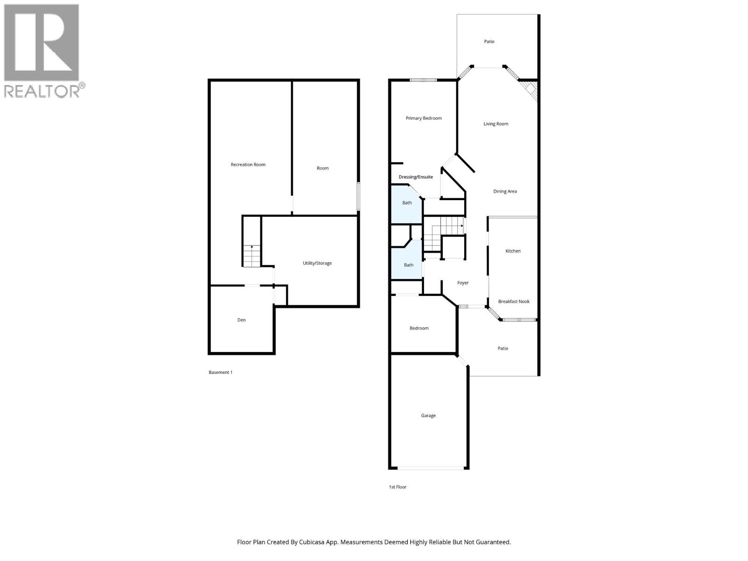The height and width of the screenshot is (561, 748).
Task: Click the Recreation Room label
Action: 248,165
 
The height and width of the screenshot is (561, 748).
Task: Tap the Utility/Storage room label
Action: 317,263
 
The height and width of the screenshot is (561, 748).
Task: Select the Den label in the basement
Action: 241,320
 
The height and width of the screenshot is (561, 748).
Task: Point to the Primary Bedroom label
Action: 424,118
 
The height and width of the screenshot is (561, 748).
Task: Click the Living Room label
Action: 496,124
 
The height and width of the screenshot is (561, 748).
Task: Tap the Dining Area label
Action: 505,191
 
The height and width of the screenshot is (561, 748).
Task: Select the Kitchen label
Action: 513,251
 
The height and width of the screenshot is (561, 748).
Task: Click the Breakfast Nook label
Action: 514,302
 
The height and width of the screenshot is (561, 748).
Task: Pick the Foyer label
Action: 463,283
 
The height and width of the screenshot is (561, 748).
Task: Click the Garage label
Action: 428,416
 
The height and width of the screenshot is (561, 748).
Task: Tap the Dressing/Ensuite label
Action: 416,177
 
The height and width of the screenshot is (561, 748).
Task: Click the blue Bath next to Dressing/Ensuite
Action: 407,203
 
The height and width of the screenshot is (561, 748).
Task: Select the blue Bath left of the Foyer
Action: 409,265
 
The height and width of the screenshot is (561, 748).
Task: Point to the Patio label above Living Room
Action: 489,42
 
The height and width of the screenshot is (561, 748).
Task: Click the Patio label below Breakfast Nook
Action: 503,348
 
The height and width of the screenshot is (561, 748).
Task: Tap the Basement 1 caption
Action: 220,373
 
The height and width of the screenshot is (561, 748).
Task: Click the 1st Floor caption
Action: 397,487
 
